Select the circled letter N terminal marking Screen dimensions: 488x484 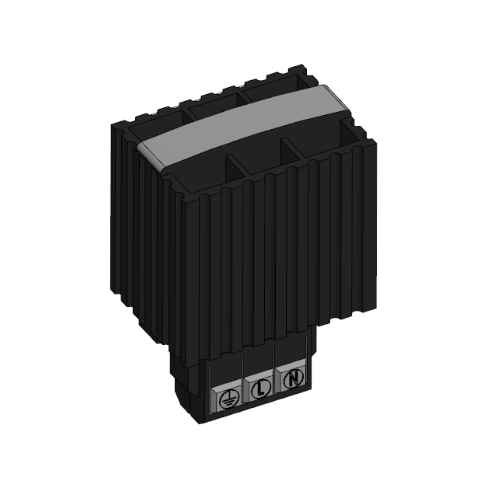pyautogui.click(x=292, y=380)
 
